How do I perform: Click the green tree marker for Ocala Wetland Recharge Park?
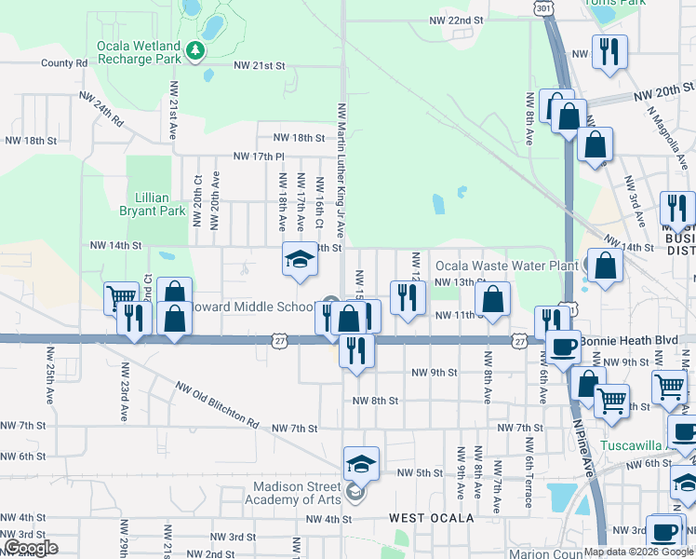[194, 50]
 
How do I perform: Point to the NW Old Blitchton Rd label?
[216, 403]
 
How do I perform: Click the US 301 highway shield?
[543, 7]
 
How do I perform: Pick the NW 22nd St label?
[456, 20]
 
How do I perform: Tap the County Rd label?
[63, 63]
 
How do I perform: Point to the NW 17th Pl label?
[257, 157]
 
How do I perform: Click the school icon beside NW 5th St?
[362, 462]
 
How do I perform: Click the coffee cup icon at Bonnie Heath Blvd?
[563, 347]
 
